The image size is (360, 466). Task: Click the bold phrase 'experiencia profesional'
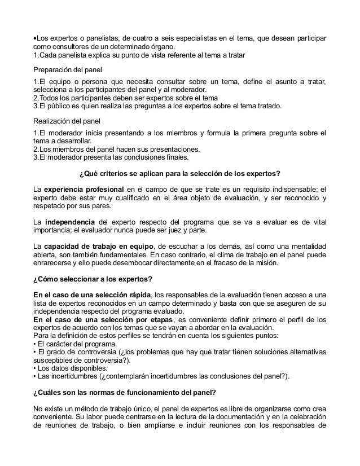click(84, 188)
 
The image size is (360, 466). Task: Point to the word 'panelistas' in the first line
click(102, 38)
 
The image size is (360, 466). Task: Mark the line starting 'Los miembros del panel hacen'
click(116, 149)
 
